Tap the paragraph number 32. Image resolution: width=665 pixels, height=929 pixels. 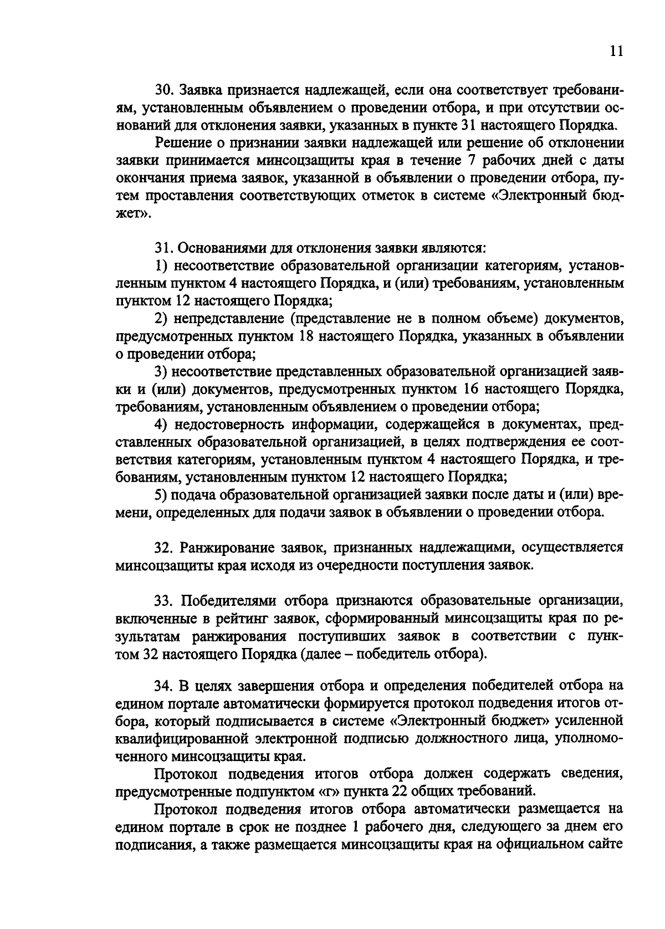click(x=163, y=548)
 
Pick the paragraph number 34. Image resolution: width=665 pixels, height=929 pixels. click(x=163, y=686)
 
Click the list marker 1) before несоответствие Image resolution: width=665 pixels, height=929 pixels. click(x=161, y=266)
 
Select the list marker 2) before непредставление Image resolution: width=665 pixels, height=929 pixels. click(x=161, y=319)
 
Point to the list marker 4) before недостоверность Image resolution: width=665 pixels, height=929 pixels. click(x=161, y=425)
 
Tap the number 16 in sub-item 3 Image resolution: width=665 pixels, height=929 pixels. click(x=487, y=389)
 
